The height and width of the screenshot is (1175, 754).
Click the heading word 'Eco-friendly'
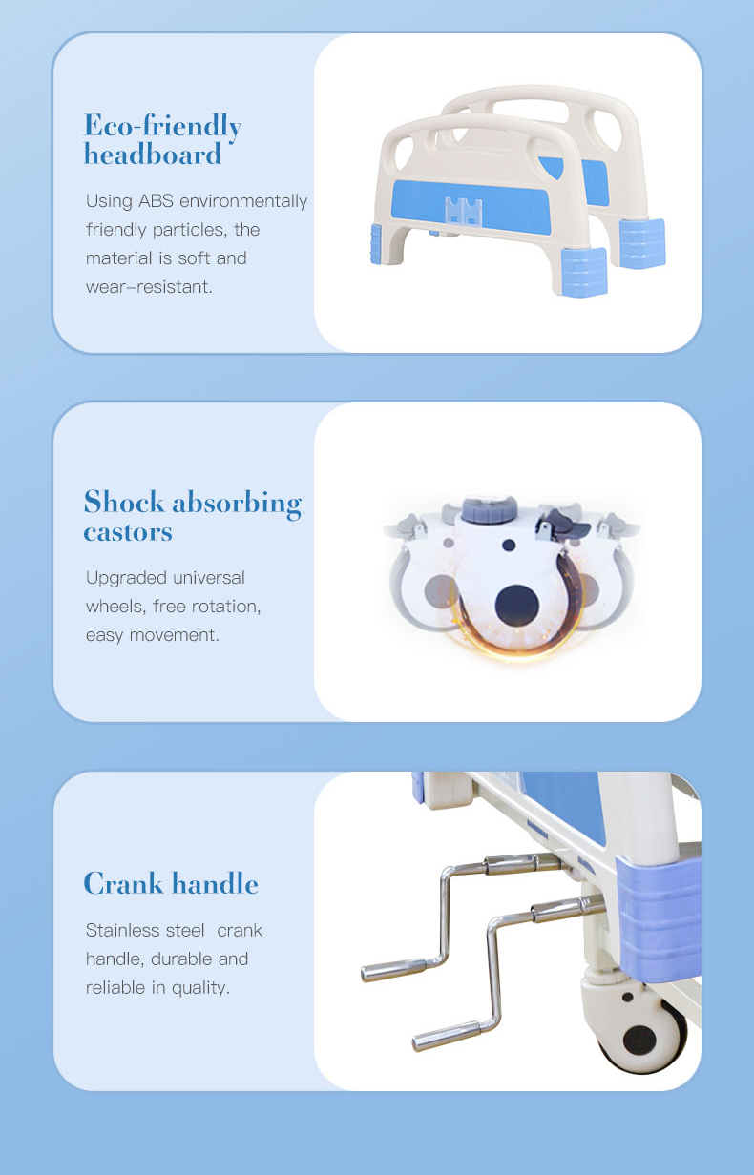tap(162, 126)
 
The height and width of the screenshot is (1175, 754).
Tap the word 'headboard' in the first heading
tap(153, 155)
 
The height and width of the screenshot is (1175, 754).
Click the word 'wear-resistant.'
tap(149, 287)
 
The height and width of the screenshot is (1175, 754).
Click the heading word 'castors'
tap(128, 532)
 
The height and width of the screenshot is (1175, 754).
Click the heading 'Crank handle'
tap(171, 884)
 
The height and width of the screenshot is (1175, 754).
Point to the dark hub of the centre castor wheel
tap(517, 603)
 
